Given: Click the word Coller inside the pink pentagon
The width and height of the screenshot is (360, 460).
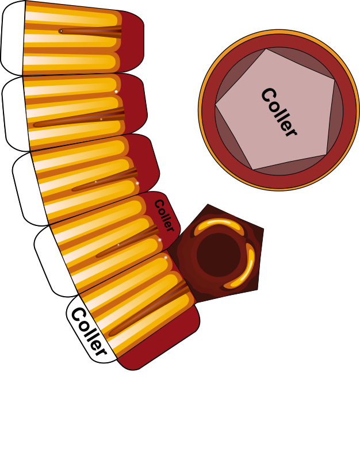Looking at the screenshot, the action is coord(279,112).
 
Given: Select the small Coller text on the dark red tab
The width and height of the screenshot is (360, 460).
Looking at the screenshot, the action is coord(164,215).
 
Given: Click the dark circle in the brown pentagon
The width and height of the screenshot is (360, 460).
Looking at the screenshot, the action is coord(219,255).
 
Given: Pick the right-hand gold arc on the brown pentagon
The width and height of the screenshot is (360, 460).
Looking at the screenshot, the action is coord(242,266).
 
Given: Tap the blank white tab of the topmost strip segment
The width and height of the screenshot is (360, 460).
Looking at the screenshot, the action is coord(13,38).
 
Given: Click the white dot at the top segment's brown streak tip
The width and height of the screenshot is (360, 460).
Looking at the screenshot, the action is coord(61,30).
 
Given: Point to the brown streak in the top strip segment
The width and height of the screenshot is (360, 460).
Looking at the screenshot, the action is coord(90,32).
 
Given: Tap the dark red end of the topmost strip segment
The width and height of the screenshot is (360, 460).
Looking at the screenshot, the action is coord(132,41).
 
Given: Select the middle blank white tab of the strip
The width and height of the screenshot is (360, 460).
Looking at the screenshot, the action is coord(29,189).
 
